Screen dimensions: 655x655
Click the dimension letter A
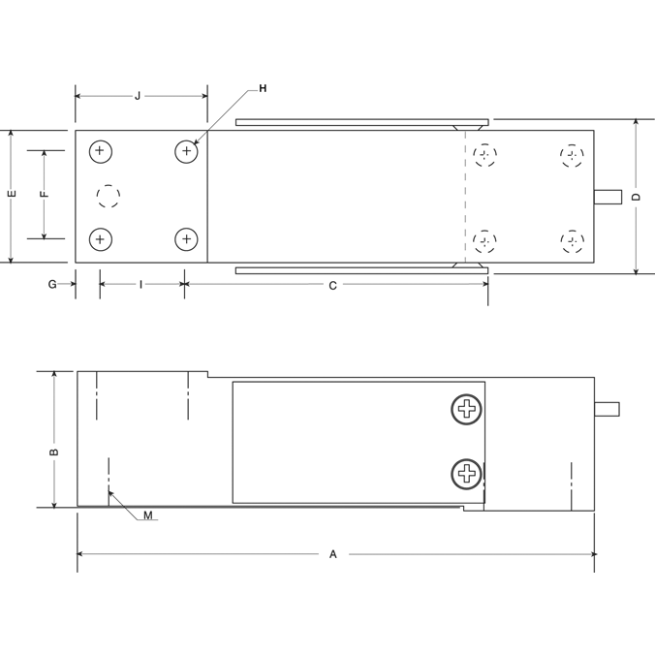point(332,554)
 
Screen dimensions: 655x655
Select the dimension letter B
point(55,451)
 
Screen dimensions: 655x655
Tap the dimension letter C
point(332,285)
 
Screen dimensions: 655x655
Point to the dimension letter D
point(636,197)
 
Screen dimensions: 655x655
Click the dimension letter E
point(11,194)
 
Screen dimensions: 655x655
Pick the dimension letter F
point(44,194)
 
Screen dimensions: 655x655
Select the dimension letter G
point(52,285)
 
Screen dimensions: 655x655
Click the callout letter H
point(263,88)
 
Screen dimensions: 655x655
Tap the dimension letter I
point(141,285)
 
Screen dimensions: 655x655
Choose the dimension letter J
point(138,96)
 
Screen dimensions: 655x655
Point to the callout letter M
point(148,515)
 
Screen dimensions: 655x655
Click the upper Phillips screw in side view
point(467,409)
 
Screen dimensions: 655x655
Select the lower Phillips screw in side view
point(467,473)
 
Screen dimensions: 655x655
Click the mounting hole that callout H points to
point(186,151)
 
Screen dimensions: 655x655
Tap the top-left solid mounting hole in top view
point(100,151)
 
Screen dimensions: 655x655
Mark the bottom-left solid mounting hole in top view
point(100,238)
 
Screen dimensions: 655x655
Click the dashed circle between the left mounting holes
point(109,197)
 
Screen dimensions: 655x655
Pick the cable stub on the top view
point(607,197)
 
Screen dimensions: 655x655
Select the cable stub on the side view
point(607,408)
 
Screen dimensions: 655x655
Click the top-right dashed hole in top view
point(573,154)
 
